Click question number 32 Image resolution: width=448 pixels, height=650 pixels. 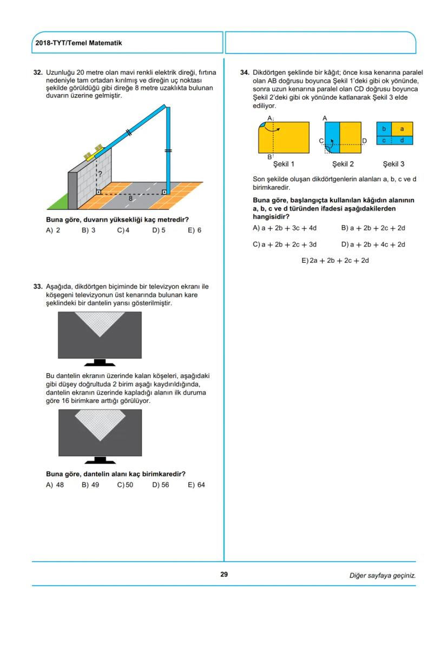[38, 72]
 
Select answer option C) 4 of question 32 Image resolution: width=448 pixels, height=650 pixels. [123, 230]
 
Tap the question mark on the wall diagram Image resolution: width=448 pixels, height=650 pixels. [100, 174]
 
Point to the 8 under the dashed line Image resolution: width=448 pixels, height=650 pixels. [130, 198]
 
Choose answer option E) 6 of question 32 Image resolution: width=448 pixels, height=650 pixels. [194, 230]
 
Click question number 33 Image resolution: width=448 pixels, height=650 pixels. [38, 286]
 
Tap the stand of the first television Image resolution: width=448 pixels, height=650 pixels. [100, 362]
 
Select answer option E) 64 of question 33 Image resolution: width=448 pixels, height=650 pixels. [196, 485]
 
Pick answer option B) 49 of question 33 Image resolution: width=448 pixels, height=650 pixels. [90, 485]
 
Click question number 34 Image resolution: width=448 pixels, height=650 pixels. [245, 72]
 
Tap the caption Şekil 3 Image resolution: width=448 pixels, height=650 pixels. [393, 164]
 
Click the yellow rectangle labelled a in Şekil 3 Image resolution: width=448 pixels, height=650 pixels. [401, 129]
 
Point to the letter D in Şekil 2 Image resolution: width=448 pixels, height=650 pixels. [364, 141]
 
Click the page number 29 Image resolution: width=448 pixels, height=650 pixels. [223, 574]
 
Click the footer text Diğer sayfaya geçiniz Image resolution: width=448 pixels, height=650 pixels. [382, 575]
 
